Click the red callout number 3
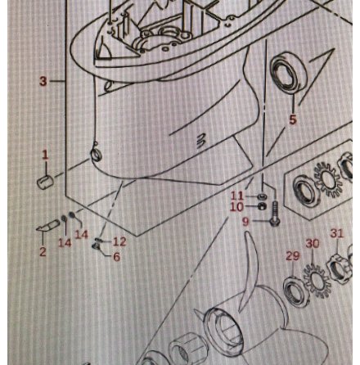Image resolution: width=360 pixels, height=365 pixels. [x=43, y=81]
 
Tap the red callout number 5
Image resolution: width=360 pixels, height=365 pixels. [x=292, y=119]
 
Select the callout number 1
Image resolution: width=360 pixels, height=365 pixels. [x=45, y=155]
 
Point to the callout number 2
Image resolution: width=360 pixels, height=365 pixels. [x=43, y=251]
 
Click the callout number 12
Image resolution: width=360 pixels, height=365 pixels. [x=119, y=241]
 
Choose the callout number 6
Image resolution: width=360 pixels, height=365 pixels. [x=117, y=256]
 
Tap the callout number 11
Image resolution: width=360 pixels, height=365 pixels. [x=236, y=196]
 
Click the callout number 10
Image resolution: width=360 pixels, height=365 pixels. [x=236, y=207]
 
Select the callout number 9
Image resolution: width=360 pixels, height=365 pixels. [x=245, y=222]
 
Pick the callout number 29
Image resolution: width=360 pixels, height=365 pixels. [x=293, y=256]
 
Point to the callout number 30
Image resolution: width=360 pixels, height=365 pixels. [x=313, y=243]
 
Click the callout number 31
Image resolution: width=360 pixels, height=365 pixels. [x=337, y=233]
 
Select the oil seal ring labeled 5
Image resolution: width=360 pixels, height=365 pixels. [x=288, y=74]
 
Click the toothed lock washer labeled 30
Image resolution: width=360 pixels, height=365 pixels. [x=317, y=281]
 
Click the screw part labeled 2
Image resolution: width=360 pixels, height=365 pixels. [x=48, y=226]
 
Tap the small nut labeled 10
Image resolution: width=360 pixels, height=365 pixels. [x=262, y=206]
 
